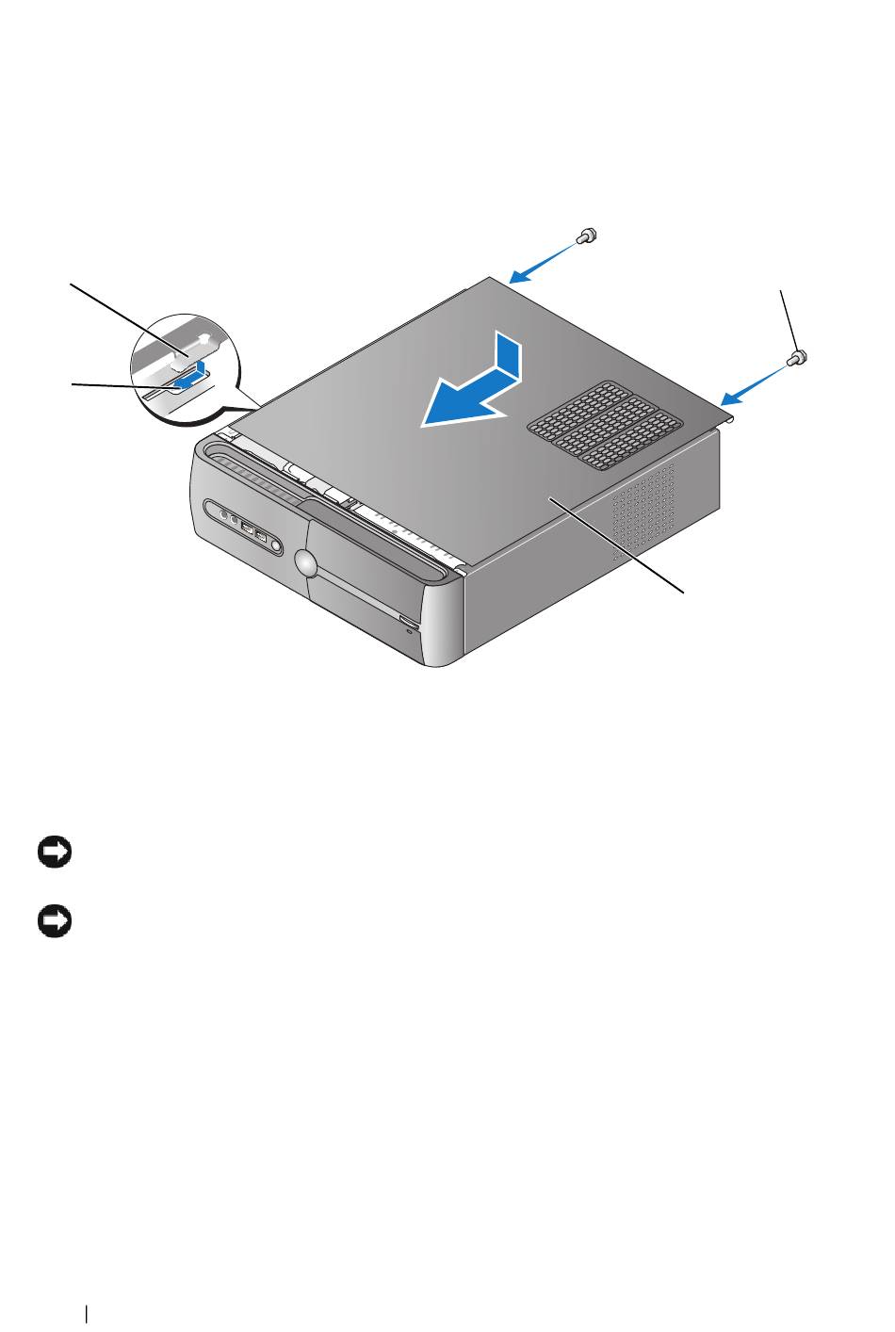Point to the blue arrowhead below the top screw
516,277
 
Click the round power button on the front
304,562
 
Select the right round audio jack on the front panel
232,519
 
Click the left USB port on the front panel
247,528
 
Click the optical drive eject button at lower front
407,621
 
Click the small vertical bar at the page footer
87,1311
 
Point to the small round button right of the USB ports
276,544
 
